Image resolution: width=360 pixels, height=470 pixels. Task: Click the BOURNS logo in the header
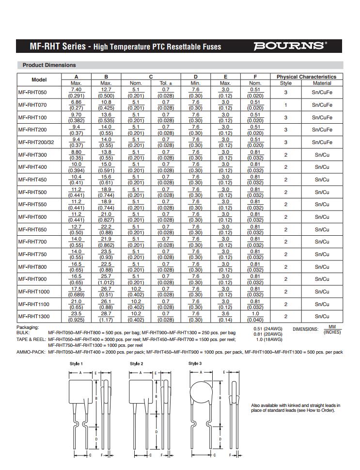click(x=290, y=46)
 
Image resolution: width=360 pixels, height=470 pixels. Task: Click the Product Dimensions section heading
click(x=49, y=65)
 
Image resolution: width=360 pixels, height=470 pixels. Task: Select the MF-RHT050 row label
click(x=32, y=92)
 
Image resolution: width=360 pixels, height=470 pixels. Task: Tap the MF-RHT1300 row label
click(x=34, y=316)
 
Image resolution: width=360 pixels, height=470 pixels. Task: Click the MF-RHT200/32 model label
click(x=36, y=142)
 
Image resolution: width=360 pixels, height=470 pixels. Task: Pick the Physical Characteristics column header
click(x=306, y=77)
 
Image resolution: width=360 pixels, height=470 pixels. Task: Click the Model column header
click(x=39, y=80)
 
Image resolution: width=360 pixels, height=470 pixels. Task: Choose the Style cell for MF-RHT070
click(x=286, y=105)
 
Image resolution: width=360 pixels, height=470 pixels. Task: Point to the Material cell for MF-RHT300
click(x=322, y=155)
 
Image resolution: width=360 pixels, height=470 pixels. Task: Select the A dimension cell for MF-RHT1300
click(x=77, y=316)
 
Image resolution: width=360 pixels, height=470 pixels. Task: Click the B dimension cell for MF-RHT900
click(x=106, y=279)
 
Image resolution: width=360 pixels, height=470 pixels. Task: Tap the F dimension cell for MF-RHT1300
click(x=255, y=316)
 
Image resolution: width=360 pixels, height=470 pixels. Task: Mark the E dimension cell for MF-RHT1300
click(x=225, y=316)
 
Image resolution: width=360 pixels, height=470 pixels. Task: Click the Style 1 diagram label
click(x=76, y=363)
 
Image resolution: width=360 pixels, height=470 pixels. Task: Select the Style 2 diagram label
click(x=136, y=363)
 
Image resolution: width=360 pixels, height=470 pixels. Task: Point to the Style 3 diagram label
click(x=195, y=363)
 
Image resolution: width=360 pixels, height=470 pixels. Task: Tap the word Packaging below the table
click(x=28, y=327)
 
